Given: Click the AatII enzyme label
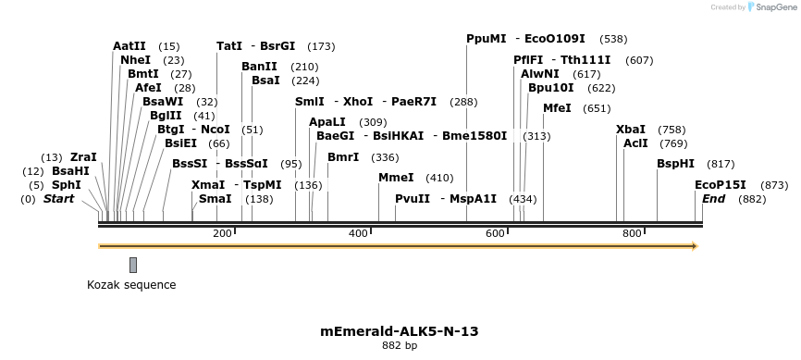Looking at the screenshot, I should point(129,45).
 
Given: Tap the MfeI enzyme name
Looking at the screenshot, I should point(557,107).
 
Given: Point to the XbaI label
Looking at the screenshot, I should point(631,129).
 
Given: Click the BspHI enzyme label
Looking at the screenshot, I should point(675,163).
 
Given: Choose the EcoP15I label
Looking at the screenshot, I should point(721,184).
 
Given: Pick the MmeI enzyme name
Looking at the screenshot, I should point(397,177).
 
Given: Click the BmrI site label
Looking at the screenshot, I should point(343,156).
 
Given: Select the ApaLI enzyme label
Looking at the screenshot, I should point(327,121).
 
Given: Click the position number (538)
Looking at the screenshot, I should point(613,39).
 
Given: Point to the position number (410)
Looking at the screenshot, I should point(439,177).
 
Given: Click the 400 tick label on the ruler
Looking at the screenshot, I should point(358,233).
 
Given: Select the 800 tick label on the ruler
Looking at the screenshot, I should point(632,233).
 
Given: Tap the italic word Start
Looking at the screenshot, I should point(58,198).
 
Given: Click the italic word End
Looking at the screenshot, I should point(713,198).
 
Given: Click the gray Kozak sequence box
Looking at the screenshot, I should point(133,265).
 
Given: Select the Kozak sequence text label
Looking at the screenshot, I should point(131,284).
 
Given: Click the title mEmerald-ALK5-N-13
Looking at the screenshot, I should point(400,330).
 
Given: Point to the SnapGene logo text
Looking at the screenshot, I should point(775,7).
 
